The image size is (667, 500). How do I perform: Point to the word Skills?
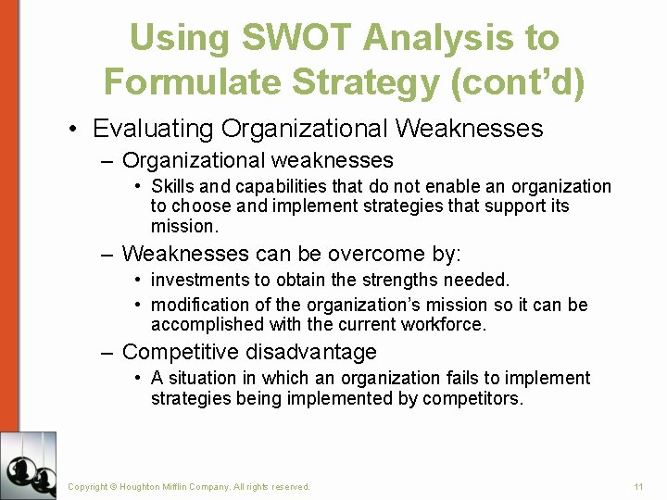click(x=172, y=187)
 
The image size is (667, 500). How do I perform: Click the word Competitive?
click(x=182, y=352)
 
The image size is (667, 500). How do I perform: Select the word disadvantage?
click(x=311, y=352)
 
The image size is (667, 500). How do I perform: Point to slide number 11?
click(x=638, y=486)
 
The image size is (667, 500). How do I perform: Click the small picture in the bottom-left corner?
click(x=28, y=465)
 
